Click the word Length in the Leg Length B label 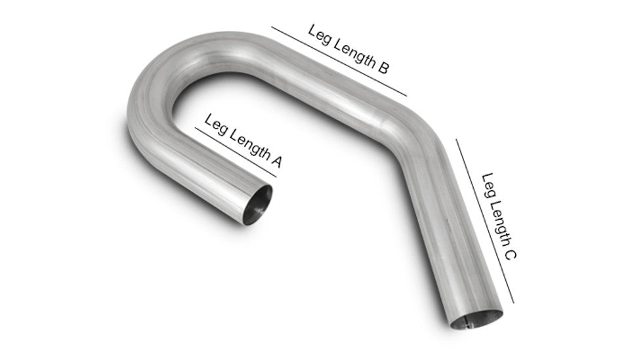(x=352, y=50)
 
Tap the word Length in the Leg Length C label (x=498, y=218)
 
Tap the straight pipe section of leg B (x=328, y=85)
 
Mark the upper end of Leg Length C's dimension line (x=457, y=138)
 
